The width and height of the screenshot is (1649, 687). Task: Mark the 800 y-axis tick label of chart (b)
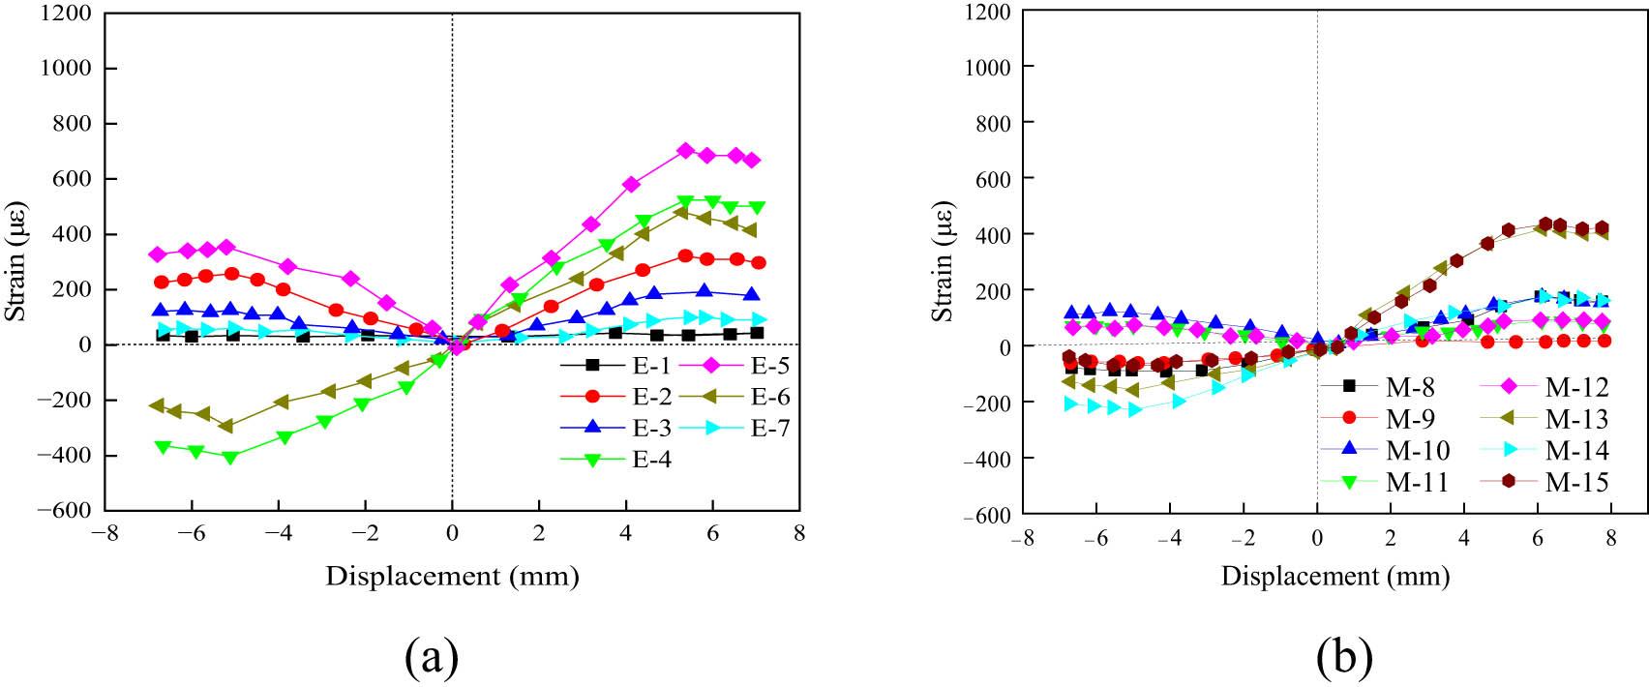point(992,122)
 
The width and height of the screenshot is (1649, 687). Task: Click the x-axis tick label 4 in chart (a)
point(625,533)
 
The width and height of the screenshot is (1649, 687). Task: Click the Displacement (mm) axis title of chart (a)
point(452,577)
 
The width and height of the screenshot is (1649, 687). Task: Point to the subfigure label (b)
point(1344,659)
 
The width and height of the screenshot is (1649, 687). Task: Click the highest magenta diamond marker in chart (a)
point(685,151)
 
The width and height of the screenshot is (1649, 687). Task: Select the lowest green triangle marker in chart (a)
point(230,458)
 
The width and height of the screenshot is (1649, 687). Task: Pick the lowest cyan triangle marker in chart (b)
point(1135,410)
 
